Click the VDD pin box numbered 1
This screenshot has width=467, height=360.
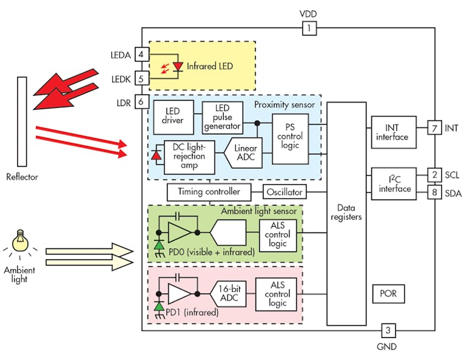[310, 27]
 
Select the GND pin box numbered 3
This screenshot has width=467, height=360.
[389, 331]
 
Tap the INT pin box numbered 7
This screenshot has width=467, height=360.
[433, 128]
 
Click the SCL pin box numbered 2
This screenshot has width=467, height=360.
[433, 174]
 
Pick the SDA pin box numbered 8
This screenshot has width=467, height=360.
[433, 193]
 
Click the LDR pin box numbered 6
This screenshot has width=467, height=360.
[141, 102]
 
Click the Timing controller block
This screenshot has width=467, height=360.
[209, 192]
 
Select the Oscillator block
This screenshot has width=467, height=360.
[283, 192]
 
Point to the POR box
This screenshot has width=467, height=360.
[388, 293]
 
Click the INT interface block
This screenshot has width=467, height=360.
[393, 131]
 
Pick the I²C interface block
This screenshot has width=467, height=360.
[393, 183]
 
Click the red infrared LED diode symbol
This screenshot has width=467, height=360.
[177, 65]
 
